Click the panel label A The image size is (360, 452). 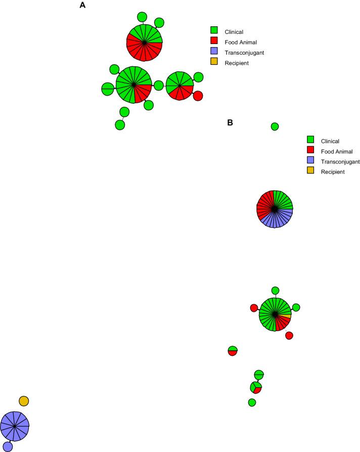coord(82,6)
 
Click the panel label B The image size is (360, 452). coord(230,122)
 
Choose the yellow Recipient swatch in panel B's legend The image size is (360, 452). coord(311,172)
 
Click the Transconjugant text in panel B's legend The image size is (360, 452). coord(340,161)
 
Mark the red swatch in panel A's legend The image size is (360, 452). coord(214,41)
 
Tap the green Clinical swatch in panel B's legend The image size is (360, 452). coord(311,140)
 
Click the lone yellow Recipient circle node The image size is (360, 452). coord(24,401)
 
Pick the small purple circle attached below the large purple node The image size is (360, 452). coord(8,446)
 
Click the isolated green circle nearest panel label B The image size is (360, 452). coord(275,127)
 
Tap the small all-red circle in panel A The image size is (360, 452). coord(198,96)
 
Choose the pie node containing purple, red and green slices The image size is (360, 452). coord(275,209)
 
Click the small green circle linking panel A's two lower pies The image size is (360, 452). coord(158,86)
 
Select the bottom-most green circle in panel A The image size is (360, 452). coord(120,124)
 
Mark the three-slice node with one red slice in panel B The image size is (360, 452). coord(256,388)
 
